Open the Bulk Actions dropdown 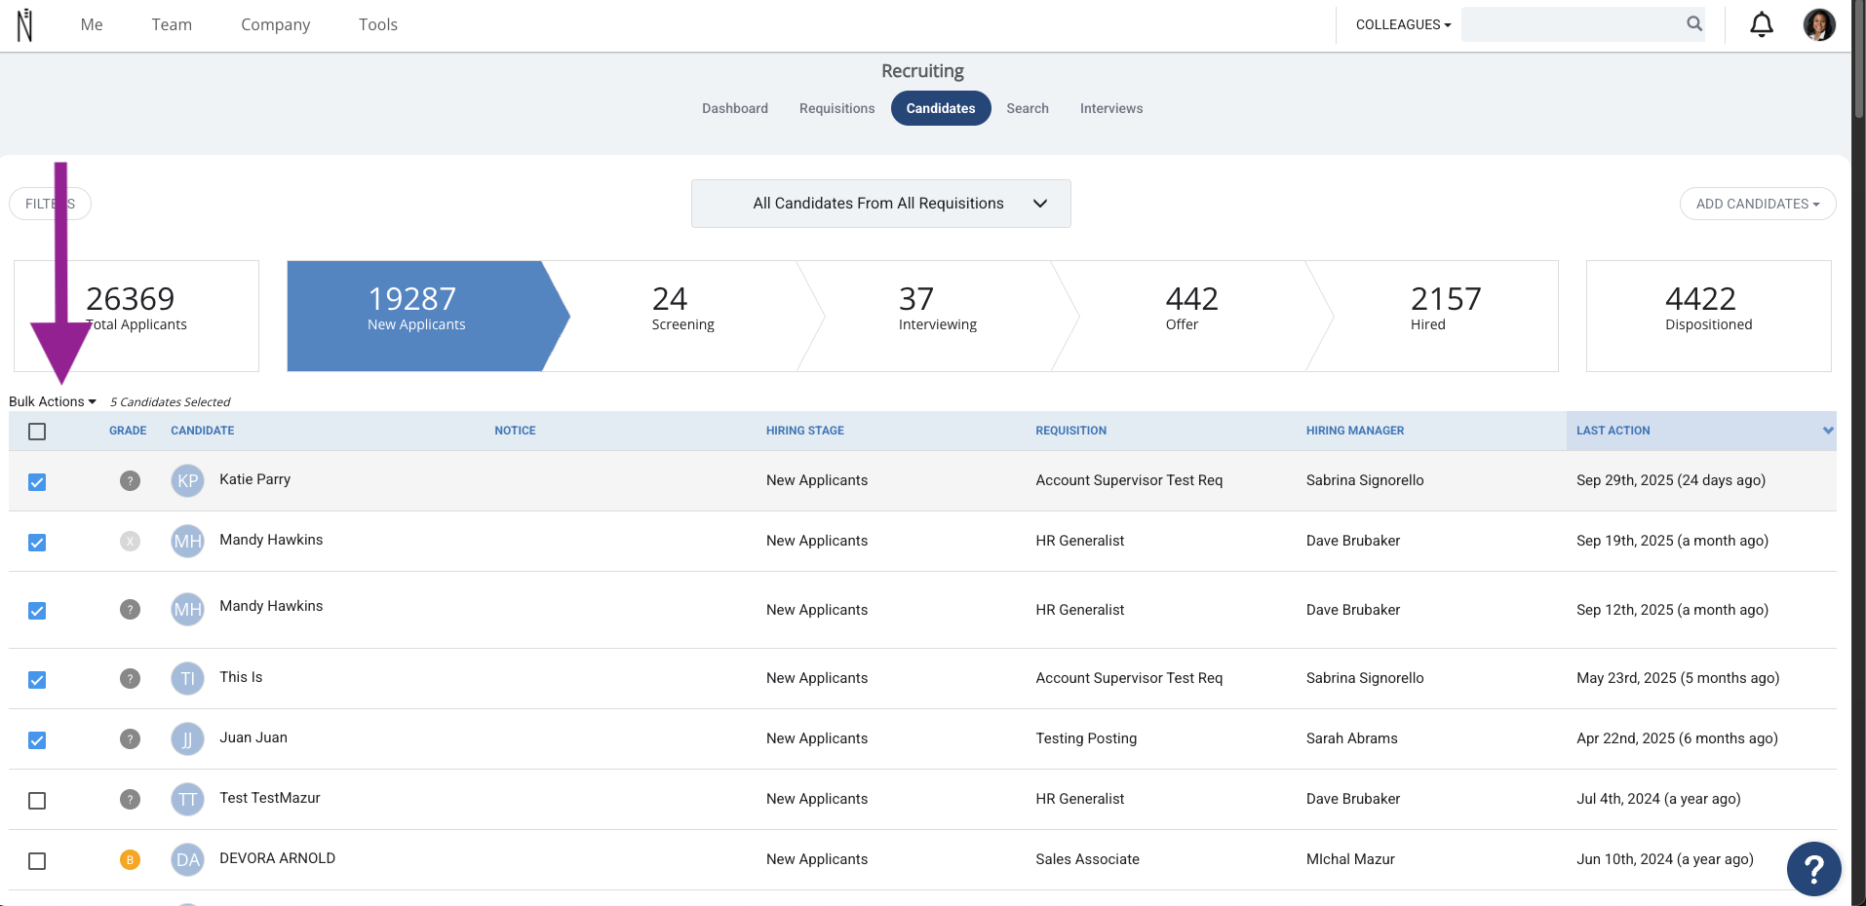pos(53,401)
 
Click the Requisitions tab pos(836,108)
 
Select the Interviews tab pos(1111,108)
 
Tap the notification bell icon pos(1762,24)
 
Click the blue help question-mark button pos(1813,868)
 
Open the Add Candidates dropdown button pos(1758,204)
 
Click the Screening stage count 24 pos(670,298)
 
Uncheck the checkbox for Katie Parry pos(37,482)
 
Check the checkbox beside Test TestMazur pos(37,801)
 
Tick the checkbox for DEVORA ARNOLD pos(37,861)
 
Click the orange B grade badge pos(130,859)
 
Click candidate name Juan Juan pos(253,737)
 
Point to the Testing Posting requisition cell pos(1086,738)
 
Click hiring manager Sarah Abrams pos(1351,738)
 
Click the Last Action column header pos(1613,431)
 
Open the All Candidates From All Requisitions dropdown pos(880,204)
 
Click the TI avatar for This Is pos(187,678)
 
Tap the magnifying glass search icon pos(1694,23)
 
